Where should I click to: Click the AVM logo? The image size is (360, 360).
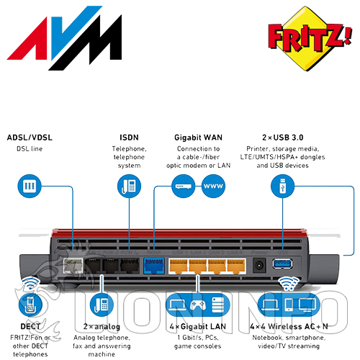pos(64,38)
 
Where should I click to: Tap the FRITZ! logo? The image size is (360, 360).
pos(310,38)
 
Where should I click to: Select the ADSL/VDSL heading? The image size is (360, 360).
pos(30,138)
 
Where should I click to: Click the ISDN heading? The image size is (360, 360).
pos(129,138)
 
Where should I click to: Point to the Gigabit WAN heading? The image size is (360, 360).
pos(198,138)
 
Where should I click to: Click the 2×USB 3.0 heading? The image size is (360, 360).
pos(283,138)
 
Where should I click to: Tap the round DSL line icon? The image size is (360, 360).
pos(30,186)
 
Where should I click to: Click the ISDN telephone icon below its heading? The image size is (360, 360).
pos(129,186)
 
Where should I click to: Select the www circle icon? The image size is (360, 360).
pos(213,186)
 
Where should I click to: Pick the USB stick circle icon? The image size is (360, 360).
pos(282,186)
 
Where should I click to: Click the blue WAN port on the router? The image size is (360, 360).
pos(153,266)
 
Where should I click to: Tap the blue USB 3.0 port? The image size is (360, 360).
pos(282,264)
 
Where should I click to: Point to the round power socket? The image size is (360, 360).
pos(259,265)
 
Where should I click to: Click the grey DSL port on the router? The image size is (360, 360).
pos(73,266)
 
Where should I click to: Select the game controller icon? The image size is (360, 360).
pos(198,305)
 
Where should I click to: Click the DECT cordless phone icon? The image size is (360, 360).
pos(30,305)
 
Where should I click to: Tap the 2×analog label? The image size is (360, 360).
pos(102,327)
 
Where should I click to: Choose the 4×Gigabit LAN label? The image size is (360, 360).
pos(198,327)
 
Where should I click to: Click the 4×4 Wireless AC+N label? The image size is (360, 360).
pos(289,327)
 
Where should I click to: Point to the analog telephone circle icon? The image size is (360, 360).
pos(102,305)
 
